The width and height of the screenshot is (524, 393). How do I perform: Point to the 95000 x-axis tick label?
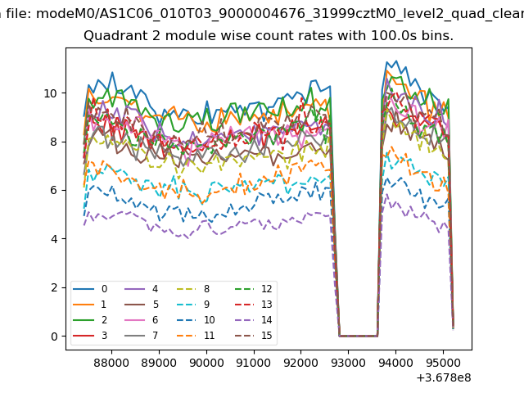click(443, 360)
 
